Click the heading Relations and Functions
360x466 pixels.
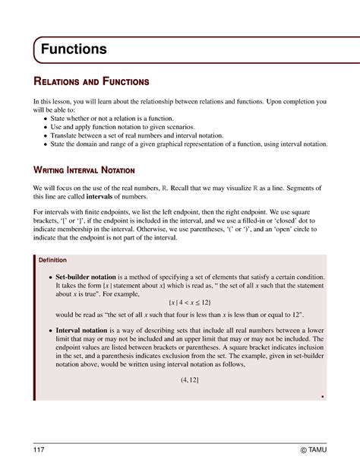[90, 81]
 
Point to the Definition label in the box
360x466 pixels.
[54, 260]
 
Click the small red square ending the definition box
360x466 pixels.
[323, 395]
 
